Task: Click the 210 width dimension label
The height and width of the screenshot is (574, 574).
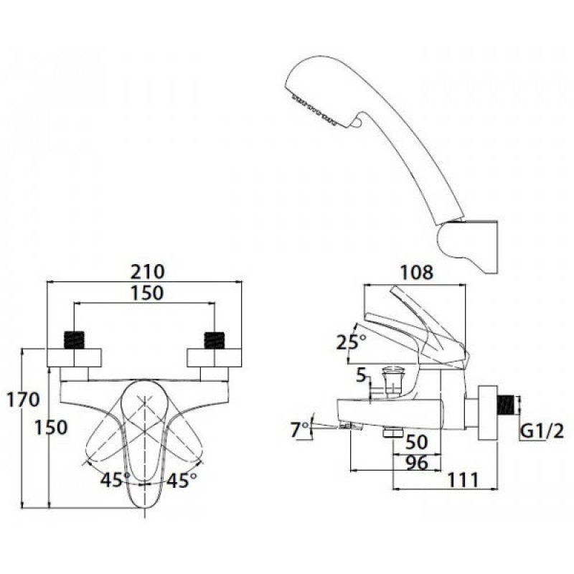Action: coord(148,272)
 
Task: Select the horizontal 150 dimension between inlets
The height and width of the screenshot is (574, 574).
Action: coord(147,293)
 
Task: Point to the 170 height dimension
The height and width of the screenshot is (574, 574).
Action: coord(23,400)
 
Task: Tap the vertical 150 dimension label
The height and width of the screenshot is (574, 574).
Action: coord(51,427)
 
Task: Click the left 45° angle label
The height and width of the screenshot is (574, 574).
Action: coord(116,480)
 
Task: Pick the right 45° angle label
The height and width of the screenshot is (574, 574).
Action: coord(182,480)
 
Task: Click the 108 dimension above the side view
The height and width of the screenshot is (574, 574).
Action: coord(416,273)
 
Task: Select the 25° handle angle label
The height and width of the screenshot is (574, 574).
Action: coord(351,343)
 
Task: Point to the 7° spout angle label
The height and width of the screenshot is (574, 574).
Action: coord(300,430)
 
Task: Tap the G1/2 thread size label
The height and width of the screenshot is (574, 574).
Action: coord(542,432)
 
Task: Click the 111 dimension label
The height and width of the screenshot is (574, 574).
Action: coord(463,480)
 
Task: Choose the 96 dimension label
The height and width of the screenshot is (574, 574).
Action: coord(417,463)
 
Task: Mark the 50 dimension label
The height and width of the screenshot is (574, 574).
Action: coord(417,442)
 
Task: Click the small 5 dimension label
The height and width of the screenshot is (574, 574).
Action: coord(362,375)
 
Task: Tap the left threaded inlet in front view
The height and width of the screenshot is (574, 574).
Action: coord(74,340)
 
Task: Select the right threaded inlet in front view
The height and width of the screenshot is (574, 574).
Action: coord(214,340)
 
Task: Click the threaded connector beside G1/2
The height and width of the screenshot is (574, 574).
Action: coord(507,405)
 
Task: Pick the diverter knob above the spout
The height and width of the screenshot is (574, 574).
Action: coord(391,381)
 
